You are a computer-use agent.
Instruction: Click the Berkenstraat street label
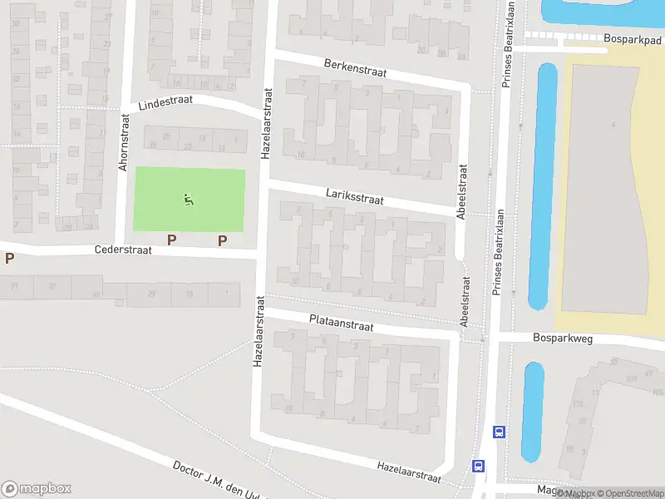(356, 67)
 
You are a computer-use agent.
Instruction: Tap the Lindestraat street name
(165, 102)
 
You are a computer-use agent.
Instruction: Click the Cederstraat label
(123, 249)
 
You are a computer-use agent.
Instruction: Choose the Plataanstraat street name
(341, 323)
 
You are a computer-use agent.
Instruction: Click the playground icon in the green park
(189, 200)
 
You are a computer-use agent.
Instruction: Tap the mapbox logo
(37, 489)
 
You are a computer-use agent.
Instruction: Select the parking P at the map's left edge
(9, 258)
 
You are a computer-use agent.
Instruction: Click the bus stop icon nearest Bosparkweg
(500, 432)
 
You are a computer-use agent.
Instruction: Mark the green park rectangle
(190, 200)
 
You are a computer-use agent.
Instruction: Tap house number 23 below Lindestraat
(188, 147)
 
